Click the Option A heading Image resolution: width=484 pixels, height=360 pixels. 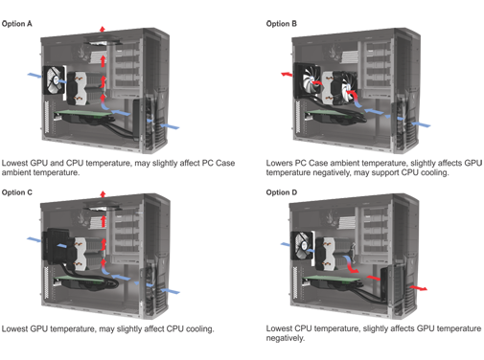pos(16,24)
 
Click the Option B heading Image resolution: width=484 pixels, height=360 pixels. pos(281,24)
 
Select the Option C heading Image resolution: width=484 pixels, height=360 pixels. pos(16,192)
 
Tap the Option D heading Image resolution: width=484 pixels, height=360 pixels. pos(282,192)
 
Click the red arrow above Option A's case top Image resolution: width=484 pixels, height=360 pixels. pos(103,29)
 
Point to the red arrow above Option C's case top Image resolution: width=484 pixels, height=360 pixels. pos(103,193)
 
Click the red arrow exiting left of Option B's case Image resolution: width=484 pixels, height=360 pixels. pos(287,75)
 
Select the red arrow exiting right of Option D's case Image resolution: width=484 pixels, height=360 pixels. pos(419,288)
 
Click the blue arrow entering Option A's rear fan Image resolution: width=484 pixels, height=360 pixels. pos(35,76)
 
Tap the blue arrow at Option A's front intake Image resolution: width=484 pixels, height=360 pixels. pos(170,126)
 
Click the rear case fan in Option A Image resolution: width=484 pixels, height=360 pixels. pos(55,80)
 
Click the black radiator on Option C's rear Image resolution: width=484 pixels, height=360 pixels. pos(55,244)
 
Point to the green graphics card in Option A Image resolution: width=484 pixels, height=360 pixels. pos(82,113)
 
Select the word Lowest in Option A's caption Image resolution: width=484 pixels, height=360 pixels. pos(14,163)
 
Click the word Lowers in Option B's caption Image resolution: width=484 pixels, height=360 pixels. pos(279,163)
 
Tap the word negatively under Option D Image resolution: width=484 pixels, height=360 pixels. pos(286,338)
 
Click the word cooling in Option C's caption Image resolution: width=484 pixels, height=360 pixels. pos(200,329)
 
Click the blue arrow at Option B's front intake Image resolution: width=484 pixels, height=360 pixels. pos(421,124)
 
